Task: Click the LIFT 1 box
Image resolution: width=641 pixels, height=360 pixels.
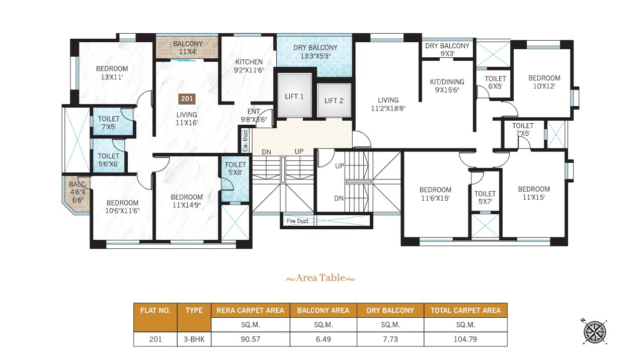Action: pos(294,96)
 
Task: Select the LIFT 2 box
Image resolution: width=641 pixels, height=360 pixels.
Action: pos(334,101)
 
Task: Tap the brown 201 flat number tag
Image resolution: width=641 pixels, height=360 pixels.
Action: pos(187,100)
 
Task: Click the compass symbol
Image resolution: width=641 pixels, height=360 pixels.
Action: pos(594,332)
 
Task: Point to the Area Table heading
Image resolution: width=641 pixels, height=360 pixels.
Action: pos(320,278)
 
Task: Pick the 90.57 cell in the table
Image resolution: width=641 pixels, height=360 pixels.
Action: pos(250,339)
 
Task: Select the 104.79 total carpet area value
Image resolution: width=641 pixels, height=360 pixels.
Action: pos(465,339)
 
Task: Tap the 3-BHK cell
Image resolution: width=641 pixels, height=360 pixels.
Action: pos(194,339)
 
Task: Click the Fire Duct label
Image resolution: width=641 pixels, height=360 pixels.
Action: pos(297,221)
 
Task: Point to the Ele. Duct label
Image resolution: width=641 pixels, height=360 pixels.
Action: pos(246,141)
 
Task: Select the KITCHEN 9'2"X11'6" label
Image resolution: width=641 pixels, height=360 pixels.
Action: pos(250,66)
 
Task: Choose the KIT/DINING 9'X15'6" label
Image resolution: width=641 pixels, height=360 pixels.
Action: pos(447,86)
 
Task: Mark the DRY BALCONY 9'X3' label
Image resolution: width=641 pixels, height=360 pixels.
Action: pos(447,49)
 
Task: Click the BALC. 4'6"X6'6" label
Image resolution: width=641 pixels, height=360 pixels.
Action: pos(77,192)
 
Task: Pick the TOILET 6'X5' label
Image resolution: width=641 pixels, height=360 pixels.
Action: pos(495,82)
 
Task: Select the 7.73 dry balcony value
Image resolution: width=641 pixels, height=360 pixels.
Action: pos(390,339)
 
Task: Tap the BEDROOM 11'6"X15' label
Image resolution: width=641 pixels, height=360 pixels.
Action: pos(435,194)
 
